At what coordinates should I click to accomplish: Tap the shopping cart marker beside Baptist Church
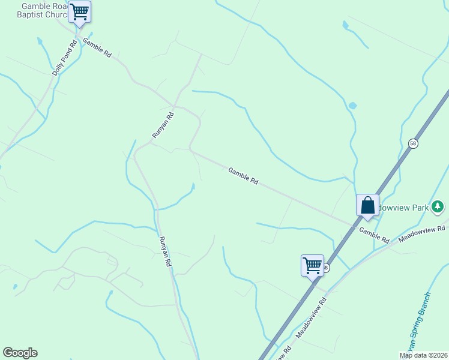click(x=79, y=11)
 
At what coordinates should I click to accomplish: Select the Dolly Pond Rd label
click(x=65, y=58)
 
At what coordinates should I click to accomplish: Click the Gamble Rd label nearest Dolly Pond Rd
click(x=97, y=47)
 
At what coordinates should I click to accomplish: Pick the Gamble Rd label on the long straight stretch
click(x=243, y=175)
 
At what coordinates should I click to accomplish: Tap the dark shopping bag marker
click(x=367, y=205)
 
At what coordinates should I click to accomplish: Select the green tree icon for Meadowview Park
click(x=438, y=208)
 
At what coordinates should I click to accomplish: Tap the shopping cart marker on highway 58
click(x=312, y=265)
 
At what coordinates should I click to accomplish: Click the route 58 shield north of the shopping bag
click(x=413, y=143)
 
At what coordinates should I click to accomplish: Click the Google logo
click(x=20, y=353)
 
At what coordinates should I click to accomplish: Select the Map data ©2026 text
click(x=423, y=355)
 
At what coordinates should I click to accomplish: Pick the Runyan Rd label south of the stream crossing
click(x=165, y=251)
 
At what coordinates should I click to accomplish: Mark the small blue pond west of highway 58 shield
click(x=352, y=106)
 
